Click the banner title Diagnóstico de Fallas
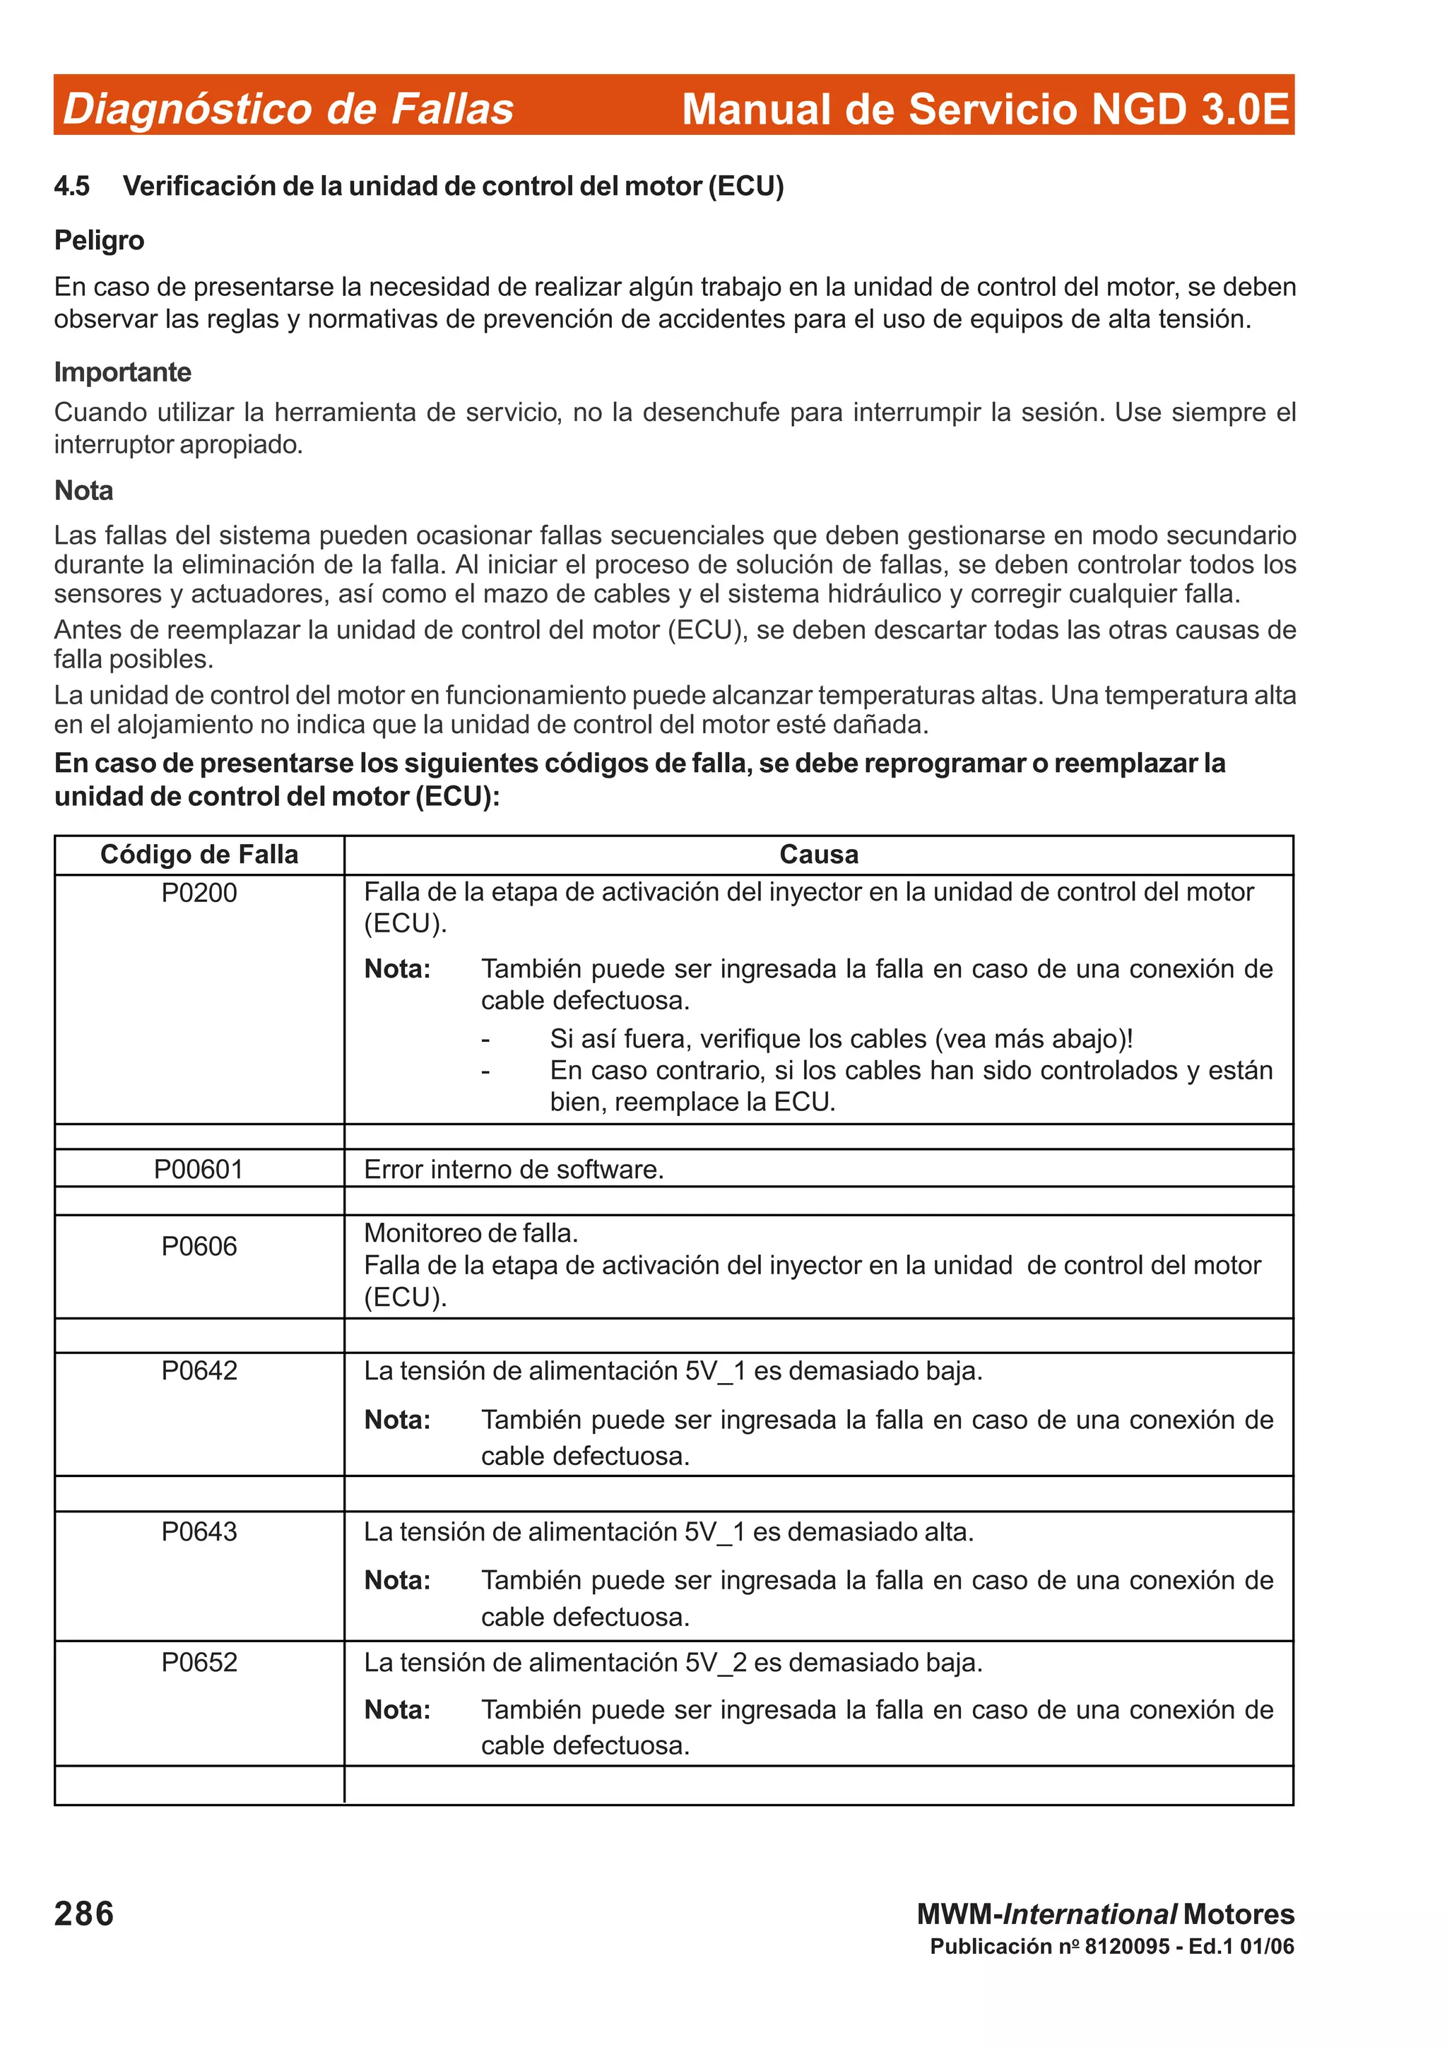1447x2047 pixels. [x=288, y=109]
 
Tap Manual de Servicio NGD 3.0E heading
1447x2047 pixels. [x=985, y=109]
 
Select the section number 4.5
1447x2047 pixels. [x=71, y=186]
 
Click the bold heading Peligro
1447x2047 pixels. [x=99, y=241]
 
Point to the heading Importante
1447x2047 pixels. [x=122, y=372]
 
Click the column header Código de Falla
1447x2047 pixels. [x=199, y=854]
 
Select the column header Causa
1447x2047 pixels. [x=818, y=854]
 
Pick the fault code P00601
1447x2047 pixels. [x=199, y=1169]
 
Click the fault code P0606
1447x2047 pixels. [x=199, y=1247]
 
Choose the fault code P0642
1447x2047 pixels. [x=199, y=1370]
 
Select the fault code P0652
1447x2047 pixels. [x=199, y=1663]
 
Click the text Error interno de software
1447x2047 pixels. [x=514, y=1169]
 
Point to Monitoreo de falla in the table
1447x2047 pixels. [x=471, y=1233]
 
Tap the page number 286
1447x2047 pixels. [x=84, y=1914]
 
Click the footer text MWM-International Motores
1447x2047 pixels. [x=1106, y=1914]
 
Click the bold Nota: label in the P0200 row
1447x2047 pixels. [x=397, y=969]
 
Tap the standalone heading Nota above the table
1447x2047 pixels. [x=84, y=490]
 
